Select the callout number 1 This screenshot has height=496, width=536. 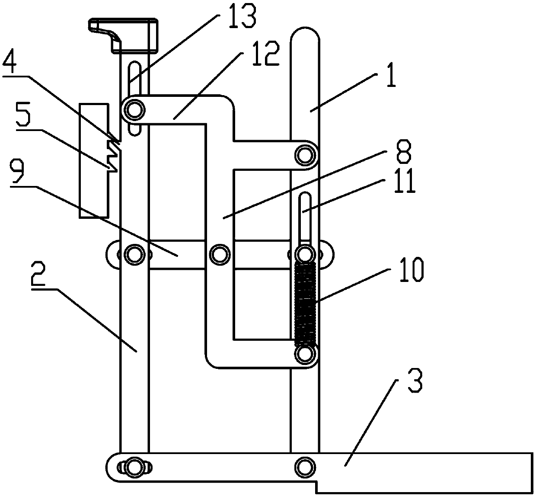(390, 79)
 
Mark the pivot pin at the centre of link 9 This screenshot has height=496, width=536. (219, 253)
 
